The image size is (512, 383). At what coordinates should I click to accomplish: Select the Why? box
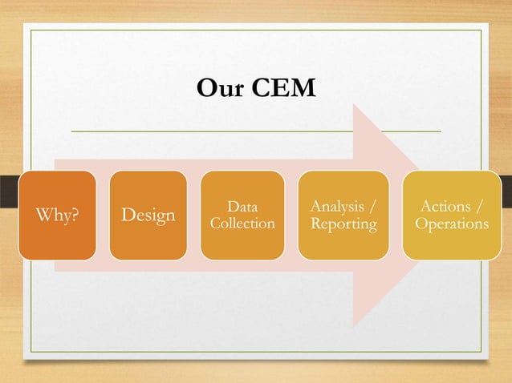[x=57, y=215]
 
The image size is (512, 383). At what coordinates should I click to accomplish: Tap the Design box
[x=148, y=215]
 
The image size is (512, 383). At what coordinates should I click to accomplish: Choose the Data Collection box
[x=242, y=215]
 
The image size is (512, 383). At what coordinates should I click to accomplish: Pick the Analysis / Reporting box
[x=343, y=215]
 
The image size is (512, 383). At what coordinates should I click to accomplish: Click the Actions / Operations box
[x=452, y=215]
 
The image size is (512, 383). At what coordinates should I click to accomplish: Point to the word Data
[x=242, y=207]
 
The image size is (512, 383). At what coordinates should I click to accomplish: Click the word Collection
[x=242, y=224]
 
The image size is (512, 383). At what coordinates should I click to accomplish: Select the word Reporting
[x=343, y=224]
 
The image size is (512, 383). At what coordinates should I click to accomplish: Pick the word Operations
[x=452, y=224]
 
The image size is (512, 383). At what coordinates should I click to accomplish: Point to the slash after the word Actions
[x=480, y=207]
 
